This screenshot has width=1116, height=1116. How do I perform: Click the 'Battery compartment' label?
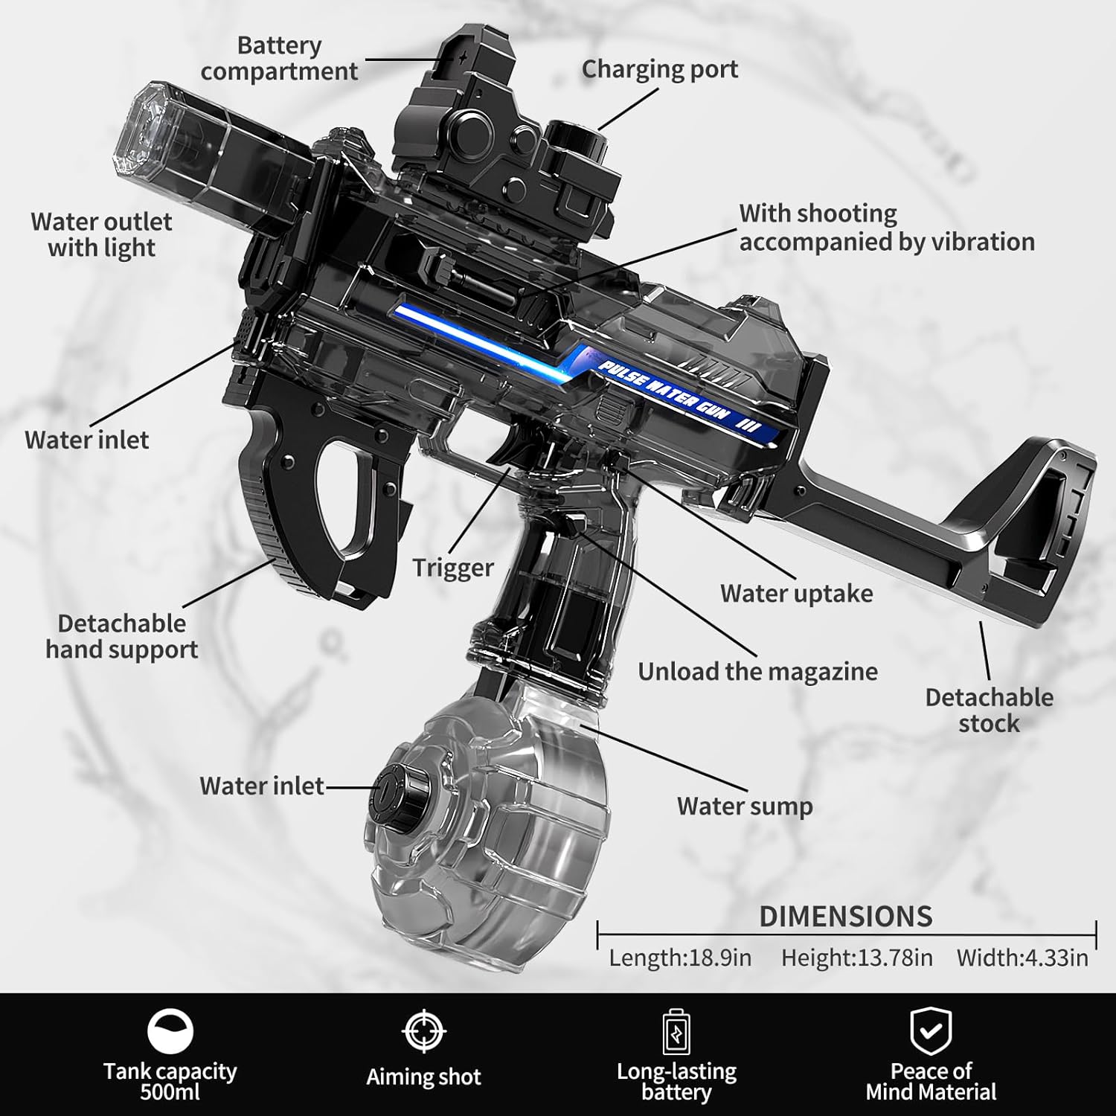click(279, 58)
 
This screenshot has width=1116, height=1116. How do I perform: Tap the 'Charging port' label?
click(660, 69)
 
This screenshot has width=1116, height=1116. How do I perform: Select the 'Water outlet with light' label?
click(101, 234)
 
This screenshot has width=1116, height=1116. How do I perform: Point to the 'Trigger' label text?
click(453, 568)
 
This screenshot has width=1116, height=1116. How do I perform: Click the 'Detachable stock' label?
click(989, 710)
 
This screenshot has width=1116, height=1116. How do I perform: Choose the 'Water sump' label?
click(745, 806)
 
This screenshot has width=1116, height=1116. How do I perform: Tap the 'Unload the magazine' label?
click(757, 672)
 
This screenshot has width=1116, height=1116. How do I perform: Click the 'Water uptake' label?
click(796, 594)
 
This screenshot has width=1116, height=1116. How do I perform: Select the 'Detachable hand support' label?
click(121, 636)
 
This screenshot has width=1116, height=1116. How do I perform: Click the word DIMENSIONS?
click(846, 917)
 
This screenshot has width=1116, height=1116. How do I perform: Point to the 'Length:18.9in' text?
click(680, 958)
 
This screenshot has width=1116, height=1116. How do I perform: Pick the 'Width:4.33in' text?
click(1022, 958)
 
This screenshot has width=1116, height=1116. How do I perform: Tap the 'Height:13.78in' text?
click(856, 958)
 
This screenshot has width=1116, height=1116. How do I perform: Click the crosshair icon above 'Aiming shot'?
click(423, 1031)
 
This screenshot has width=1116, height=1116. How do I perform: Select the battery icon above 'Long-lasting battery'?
click(676, 1032)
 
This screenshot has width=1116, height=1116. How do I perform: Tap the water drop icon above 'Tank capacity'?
click(170, 1032)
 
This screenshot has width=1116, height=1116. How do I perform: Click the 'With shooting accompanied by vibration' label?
click(886, 228)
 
